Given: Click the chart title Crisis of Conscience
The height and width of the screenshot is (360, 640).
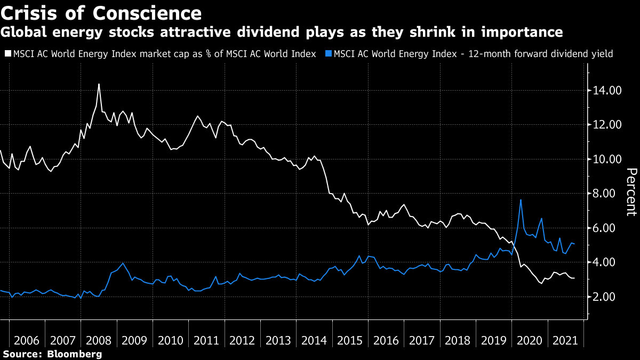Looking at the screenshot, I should (x=101, y=12).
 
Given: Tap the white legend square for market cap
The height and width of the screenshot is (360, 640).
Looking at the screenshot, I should (x=7, y=53).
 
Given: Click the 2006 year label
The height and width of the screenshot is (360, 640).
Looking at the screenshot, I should (x=27, y=340).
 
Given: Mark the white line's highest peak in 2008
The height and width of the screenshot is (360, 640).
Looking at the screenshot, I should (x=99, y=84).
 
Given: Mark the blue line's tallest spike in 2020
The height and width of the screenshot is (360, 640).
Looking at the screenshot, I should (x=520, y=200).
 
